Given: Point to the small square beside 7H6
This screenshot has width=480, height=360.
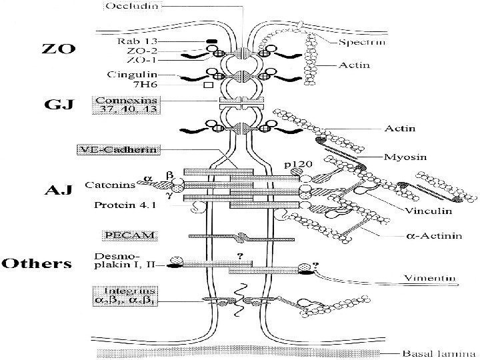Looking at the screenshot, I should click(x=207, y=85).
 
